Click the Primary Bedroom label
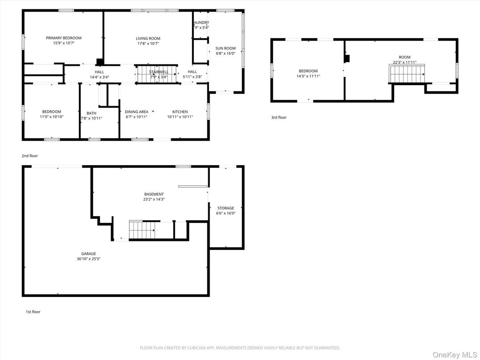tap(64, 38)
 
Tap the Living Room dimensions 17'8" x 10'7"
tap(148, 44)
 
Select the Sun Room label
tap(225, 48)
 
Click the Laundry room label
tap(201, 22)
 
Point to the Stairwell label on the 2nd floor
tap(159, 72)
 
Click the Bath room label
tap(91, 113)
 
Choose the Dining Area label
tap(137, 112)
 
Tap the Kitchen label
tap(180, 112)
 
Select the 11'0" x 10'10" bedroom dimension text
tap(51, 117)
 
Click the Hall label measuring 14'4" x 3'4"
tap(99, 72)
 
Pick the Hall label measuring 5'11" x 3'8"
tap(192, 72)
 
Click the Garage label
tap(89, 253)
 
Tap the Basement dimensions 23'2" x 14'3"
tap(154, 199)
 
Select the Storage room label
tap(226, 208)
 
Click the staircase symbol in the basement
tap(142, 230)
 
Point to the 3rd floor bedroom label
tap(308, 71)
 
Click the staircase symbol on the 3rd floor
tap(407, 74)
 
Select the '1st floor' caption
tap(33, 312)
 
